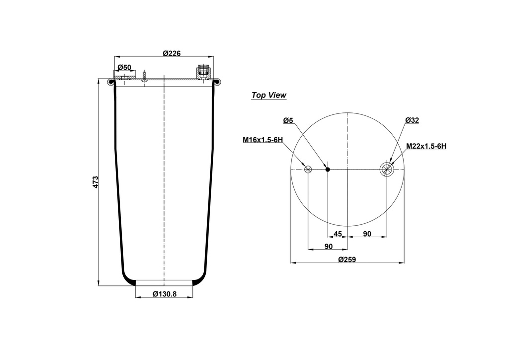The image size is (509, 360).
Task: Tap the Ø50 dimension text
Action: (124, 67)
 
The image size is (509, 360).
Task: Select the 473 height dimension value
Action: (95, 181)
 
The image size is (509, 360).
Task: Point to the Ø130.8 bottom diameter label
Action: (165, 294)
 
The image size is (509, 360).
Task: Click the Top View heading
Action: (268, 95)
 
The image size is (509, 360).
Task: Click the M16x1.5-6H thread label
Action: (263, 140)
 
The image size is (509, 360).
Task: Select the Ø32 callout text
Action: (412, 120)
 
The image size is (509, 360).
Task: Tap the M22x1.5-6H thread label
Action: (426, 146)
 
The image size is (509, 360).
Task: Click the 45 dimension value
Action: (338, 234)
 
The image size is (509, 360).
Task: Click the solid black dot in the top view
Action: (328, 170)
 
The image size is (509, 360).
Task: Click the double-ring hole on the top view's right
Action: (386, 170)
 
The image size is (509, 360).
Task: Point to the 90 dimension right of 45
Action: (367, 234)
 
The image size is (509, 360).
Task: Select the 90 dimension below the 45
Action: (329, 247)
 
